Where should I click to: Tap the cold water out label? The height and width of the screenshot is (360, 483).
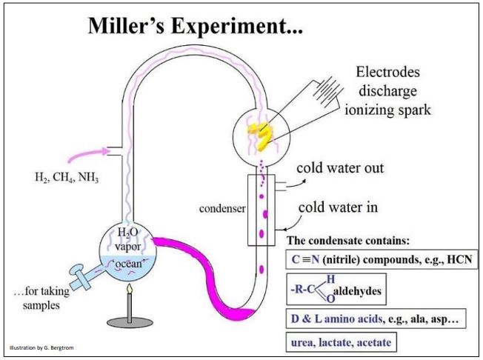coord(339,167)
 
